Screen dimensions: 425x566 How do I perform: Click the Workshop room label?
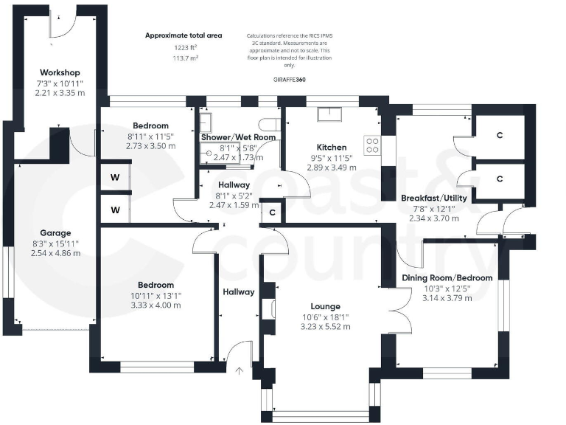[60, 72]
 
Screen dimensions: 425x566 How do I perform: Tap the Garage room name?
[56, 232]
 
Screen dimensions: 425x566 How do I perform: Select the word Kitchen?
[331, 147]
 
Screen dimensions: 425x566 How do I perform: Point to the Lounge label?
[325, 306]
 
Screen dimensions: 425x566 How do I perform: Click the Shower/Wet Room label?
[238, 137]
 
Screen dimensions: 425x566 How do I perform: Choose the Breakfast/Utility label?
[434, 198]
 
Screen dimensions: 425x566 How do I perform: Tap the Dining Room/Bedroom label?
[447, 277]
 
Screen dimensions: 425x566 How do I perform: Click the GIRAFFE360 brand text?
[289, 79]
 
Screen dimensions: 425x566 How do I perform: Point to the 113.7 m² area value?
[181, 58]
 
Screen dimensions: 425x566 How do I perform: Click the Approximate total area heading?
[184, 35]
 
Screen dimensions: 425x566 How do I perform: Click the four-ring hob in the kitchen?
[373, 145]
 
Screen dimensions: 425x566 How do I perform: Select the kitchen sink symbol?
[328, 115]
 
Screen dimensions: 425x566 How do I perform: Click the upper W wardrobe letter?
[115, 177]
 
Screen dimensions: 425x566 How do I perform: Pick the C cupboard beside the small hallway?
[272, 212]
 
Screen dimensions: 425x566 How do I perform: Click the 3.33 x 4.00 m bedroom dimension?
[156, 305]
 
